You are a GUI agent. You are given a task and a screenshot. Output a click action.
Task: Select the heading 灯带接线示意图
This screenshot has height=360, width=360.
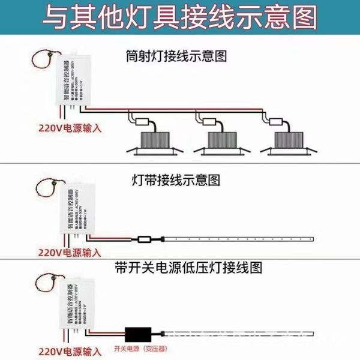click(176, 179)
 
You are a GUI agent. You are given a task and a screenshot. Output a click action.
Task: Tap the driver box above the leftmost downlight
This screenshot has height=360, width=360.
click(143, 122)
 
